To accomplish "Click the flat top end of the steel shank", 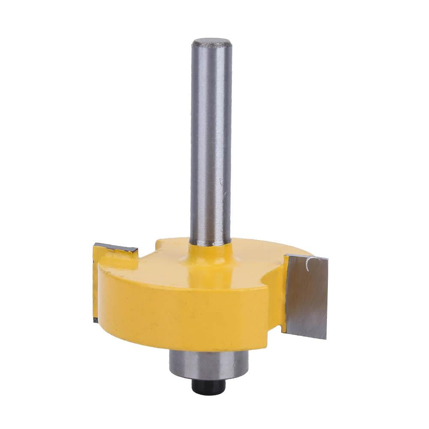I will pos(212,43).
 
